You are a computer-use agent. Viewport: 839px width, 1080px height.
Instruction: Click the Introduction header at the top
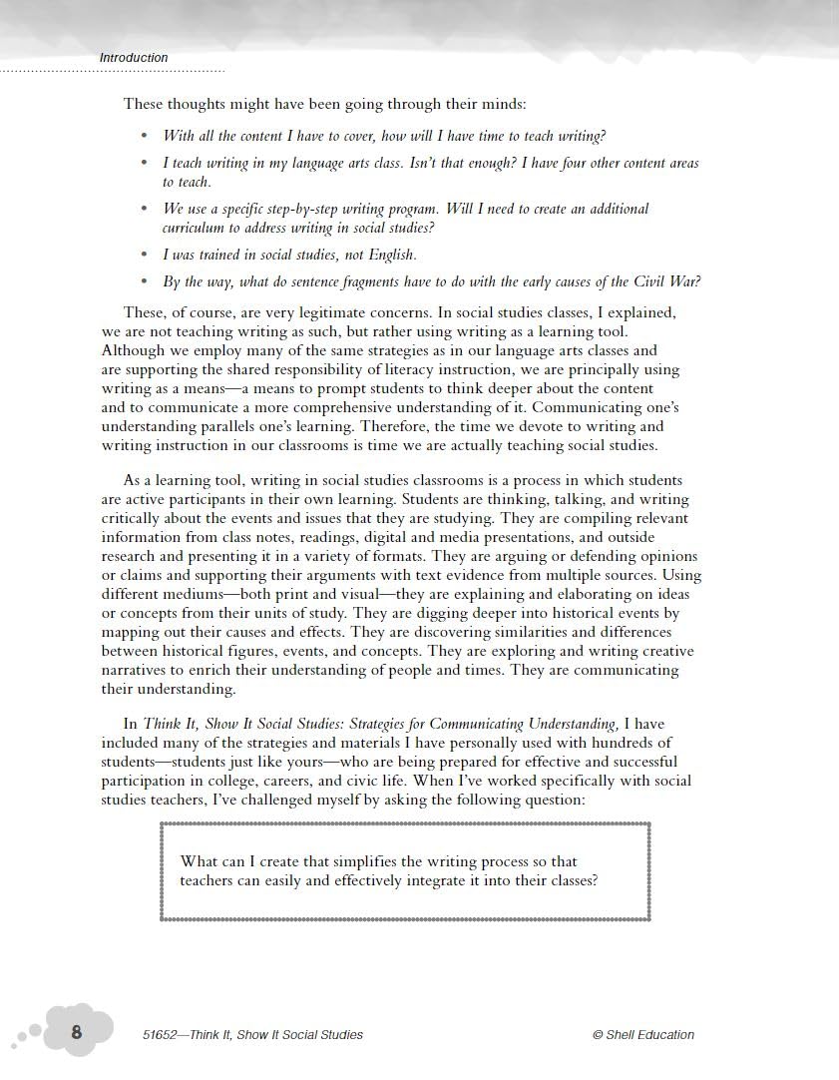[134, 58]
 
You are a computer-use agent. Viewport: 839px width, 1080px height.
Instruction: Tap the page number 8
[77, 1032]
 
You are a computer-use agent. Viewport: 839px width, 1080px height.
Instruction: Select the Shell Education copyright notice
[642, 1035]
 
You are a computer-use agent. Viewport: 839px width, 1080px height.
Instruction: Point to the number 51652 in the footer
[161, 1035]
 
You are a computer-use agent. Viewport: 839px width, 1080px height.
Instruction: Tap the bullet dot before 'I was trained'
[145, 255]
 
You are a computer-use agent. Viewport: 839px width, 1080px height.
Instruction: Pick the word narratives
[139, 670]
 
